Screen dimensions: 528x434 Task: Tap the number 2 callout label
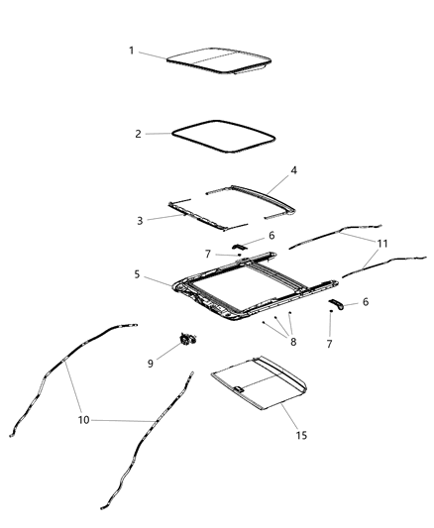[x=138, y=133]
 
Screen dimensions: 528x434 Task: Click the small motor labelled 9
[x=184, y=339]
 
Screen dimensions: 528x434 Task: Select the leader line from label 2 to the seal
[x=158, y=133]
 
